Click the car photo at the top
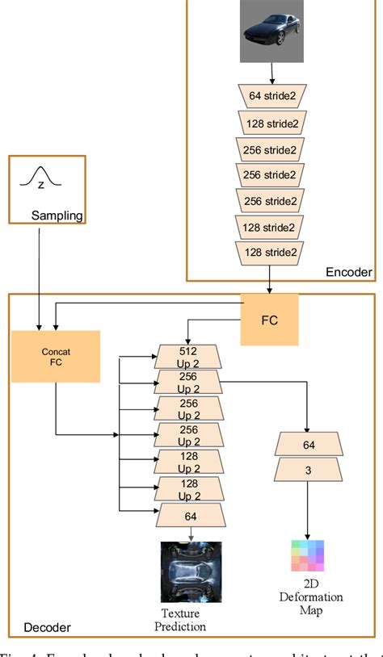point(271,32)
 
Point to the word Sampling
point(57,216)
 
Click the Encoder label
point(348,273)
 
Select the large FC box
point(270,319)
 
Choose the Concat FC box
point(56,356)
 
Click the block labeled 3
point(305,471)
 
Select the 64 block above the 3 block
point(305,444)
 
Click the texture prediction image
point(190,571)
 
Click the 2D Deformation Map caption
point(311,597)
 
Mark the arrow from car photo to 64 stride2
point(271,73)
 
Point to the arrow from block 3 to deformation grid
point(305,508)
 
